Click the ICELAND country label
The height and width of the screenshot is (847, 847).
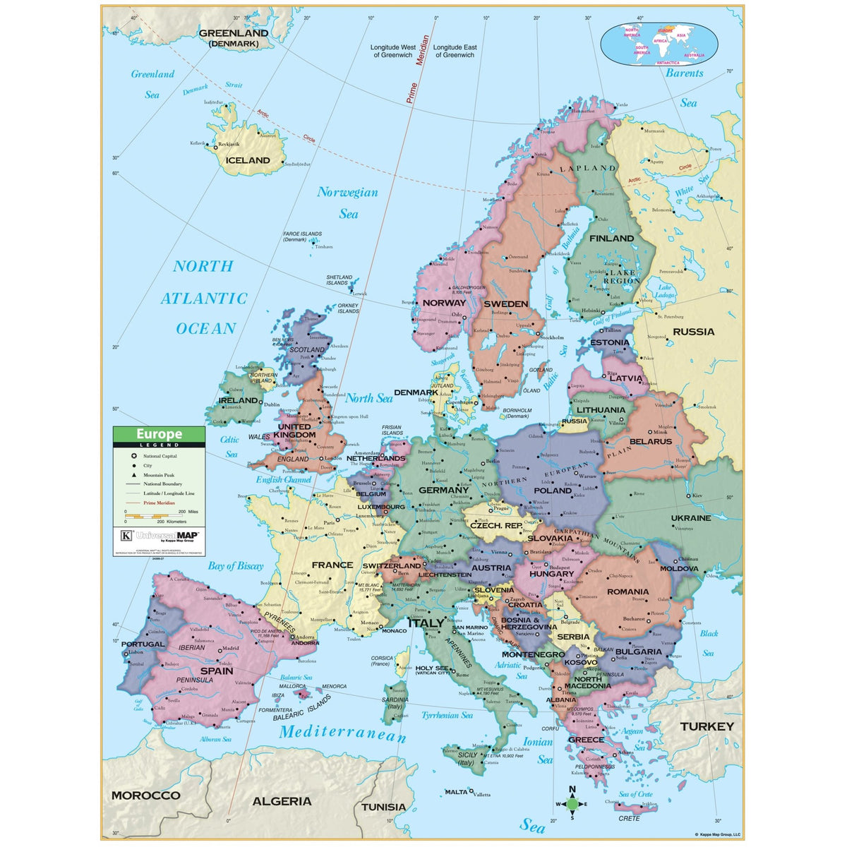pyautogui.click(x=248, y=160)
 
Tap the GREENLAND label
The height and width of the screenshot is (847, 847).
pyautogui.click(x=234, y=33)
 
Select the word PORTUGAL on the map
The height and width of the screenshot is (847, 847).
pyautogui.click(x=143, y=644)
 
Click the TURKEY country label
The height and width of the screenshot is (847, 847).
pyautogui.click(x=707, y=726)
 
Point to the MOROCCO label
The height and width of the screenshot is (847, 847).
pyautogui.click(x=146, y=795)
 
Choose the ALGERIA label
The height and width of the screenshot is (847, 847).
pyautogui.click(x=282, y=801)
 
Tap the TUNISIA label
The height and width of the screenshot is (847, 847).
pyautogui.click(x=383, y=807)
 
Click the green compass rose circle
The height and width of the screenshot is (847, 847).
pyautogui.click(x=572, y=803)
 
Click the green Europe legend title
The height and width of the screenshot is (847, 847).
pyautogui.click(x=159, y=434)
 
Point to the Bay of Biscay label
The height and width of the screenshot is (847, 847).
pyautogui.click(x=235, y=566)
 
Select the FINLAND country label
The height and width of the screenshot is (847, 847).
pyautogui.click(x=611, y=239)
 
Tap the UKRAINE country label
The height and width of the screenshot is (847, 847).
pyautogui.click(x=691, y=518)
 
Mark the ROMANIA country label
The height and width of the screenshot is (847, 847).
pyautogui.click(x=627, y=591)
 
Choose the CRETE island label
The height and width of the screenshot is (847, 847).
pyautogui.click(x=629, y=819)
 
